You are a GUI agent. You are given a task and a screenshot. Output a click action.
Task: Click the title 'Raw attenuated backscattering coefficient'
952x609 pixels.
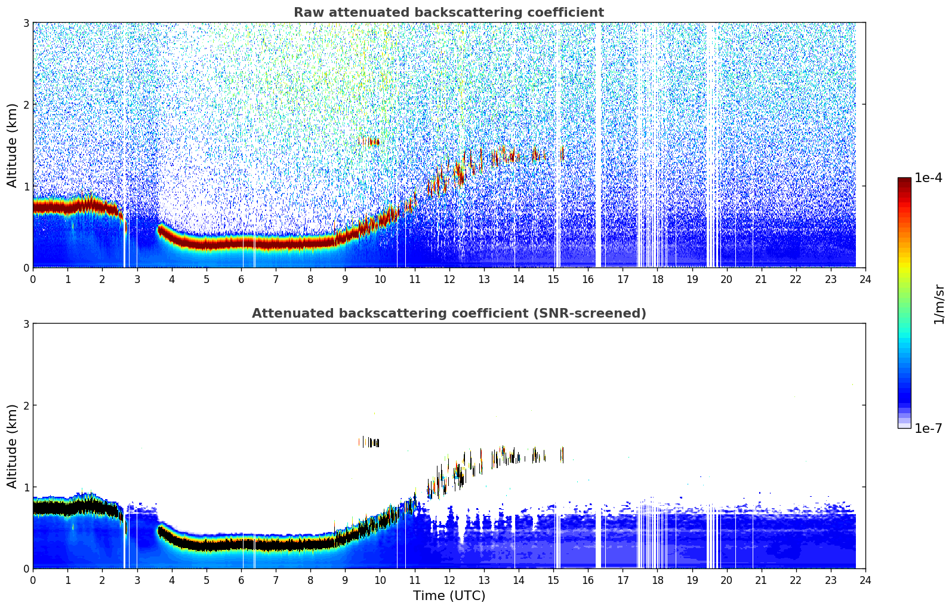pyautogui.click(x=448, y=13)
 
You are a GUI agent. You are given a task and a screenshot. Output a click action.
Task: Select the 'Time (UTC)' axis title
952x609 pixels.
pyautogui.click(x=449, y=595)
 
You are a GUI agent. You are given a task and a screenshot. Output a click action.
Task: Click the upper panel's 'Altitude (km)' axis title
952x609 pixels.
pyautogui.click(x=12, y=145)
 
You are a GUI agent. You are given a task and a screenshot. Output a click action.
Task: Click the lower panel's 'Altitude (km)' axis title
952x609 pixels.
pyautogui.click(x=12, y=446)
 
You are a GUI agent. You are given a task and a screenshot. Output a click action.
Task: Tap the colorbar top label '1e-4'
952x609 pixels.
pyautogui.click(x=928, y=178)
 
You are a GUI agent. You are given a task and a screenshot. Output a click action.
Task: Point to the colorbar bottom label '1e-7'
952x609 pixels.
pyautogui.click(x=928, y=428)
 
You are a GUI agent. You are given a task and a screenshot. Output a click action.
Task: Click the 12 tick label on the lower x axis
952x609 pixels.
pyautogui.click(x=449, y=580)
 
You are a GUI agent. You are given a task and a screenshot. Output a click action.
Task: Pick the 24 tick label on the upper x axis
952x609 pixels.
pyautogui.click(x=865, y=279)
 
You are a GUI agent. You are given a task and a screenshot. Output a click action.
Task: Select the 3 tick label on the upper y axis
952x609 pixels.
pyautogui.click(x=26, y=23)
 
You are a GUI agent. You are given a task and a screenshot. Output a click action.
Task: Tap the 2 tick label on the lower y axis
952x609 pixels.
pyautogui.click(x=26, y=405)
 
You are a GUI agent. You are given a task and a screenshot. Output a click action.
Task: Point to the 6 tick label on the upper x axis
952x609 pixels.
pyautogui.click(x=241, y=279)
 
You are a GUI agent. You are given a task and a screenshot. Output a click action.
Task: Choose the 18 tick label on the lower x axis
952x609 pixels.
pyautogui.click(x=657, y=580)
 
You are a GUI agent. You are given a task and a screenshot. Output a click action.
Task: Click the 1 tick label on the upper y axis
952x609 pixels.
pyautogui.click(x=26, y=186)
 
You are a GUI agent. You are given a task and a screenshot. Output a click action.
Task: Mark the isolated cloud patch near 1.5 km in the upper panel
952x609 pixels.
pyautogui.click(x=371, y=142)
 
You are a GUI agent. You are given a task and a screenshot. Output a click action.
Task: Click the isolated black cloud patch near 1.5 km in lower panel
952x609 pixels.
pyautogui.click(x=371, y=442)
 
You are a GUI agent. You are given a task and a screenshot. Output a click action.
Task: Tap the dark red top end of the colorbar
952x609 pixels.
pyautogui.click(x=904, y=181)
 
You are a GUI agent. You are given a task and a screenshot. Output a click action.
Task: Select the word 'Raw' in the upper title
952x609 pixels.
pyautogui.click(x=306, y=13)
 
